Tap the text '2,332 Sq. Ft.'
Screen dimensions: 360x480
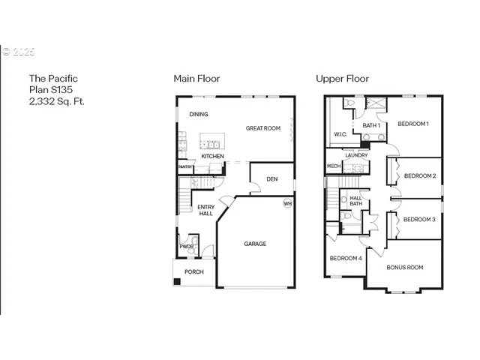(56, 100)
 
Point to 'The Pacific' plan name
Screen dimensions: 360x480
(53, 78)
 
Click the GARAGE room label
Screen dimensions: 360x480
(254, 244)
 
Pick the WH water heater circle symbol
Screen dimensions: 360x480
(287, 203)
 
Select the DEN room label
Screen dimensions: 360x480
(272, 179)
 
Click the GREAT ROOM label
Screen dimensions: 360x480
(262, 128)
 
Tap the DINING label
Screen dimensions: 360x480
(199, 115)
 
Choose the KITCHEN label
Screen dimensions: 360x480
(212, 156)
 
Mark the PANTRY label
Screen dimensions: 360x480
(186, 166)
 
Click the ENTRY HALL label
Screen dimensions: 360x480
(205, 211)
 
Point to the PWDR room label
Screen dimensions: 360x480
(186, 246)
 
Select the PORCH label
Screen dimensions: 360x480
(194, 271)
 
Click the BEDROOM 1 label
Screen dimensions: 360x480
(412, 124)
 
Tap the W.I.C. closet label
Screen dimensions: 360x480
(340, 135)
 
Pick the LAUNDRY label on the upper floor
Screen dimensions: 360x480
(356, 155)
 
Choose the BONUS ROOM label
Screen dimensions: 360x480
(404, 267)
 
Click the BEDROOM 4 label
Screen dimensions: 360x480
(345, 259)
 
